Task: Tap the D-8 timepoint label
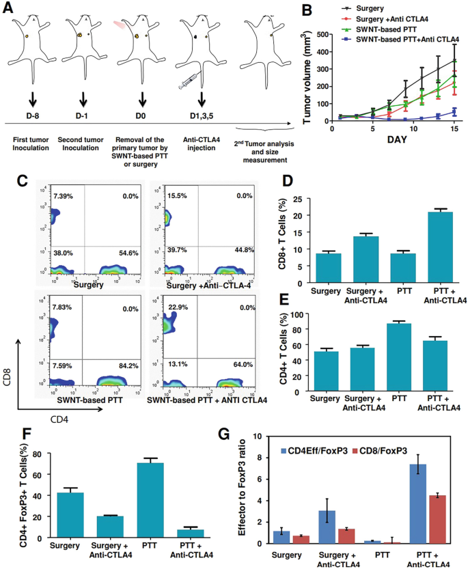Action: pyautogui.click(x=33, y=115)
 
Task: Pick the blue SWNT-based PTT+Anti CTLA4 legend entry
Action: pyautogui.click(x=402, y=40)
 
